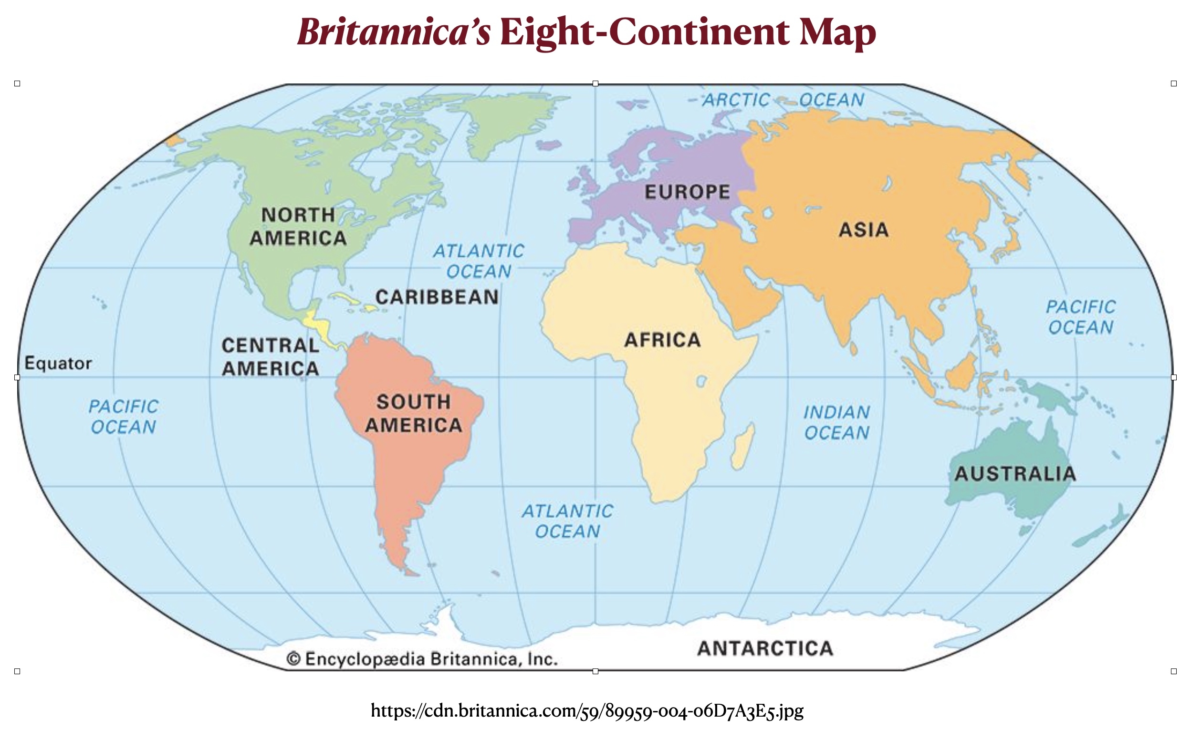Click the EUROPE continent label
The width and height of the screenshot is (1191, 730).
pyautogui.click(x=687, y=192)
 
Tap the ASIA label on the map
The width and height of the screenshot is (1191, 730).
pyautogui.click(x=864, y=230)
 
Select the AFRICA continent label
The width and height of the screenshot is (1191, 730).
pyautogui.click(x=662, y=340)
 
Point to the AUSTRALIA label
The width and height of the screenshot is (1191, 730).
pyautogui.click(x=1015, y=474)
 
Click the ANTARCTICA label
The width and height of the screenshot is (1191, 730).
pyautogui.click(x=765, y=648)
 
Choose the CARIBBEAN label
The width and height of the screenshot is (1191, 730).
pyautogui.click(x=437, y=297)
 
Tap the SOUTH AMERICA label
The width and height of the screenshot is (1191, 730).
pyautogui.click(x=414, y=414)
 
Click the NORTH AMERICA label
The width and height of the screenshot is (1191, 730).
pyautogui.click(x=298, y=227)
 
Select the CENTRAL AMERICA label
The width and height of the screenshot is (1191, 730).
pyautogui.click(x=271, y=357)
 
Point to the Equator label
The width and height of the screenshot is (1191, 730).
pyautogui.click(x=58, y=363)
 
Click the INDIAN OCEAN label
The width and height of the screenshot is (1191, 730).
pyautogui.click(x=836, y=423)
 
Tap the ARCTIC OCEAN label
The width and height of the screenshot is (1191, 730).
pyautogui.click(x=783, y=100)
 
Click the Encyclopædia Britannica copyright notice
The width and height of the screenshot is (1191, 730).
pyautogui.click(x=422, y=659)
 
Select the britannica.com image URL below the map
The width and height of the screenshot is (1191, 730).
pyautogui.click(x=587, y=710)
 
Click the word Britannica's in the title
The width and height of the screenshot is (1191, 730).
pyautogui.click(x=394, y=33)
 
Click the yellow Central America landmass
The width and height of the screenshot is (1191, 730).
pyautogui.click(x=317, y=324)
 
